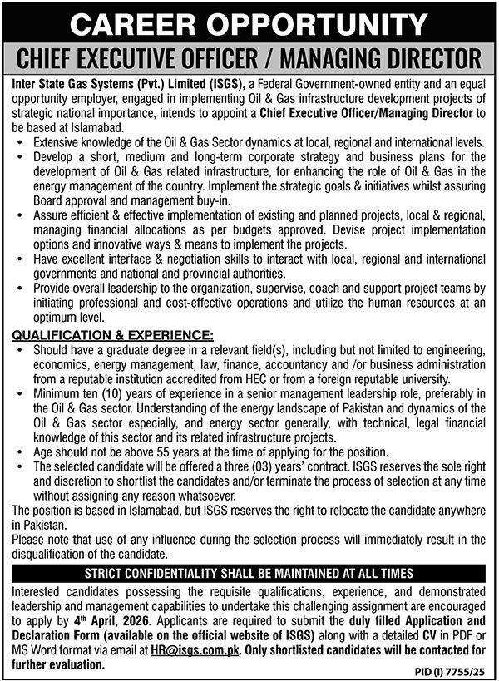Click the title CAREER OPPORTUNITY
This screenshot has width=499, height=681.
[249, 22]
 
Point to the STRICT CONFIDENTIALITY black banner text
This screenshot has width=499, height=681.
[249, 573]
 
